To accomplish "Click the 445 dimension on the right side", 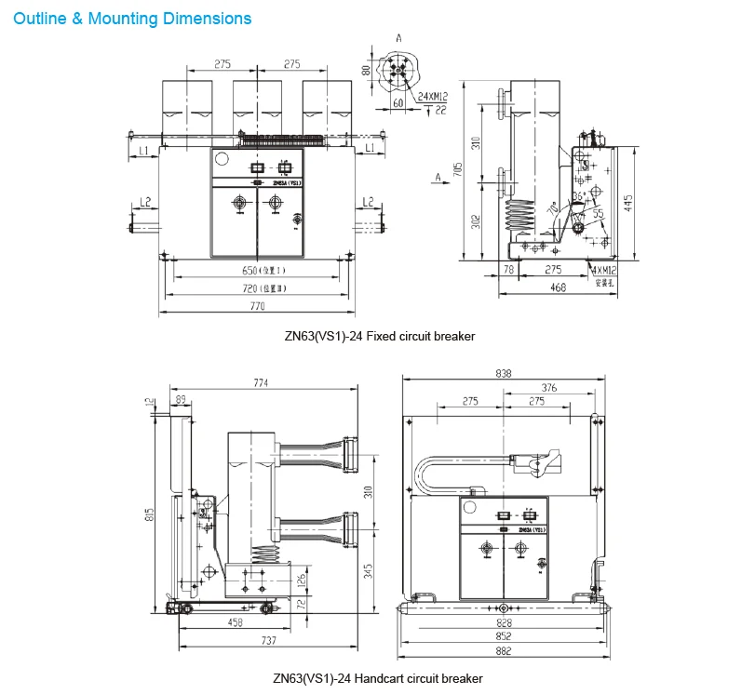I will tap(630, 203).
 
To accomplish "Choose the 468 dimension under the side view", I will tap(557, 287).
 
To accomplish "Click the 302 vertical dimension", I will tap(474, 220).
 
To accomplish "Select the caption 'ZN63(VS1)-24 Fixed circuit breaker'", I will tap(379, 337).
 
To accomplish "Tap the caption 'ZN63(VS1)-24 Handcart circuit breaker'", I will tap(378, 678).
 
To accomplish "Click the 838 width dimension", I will tap(503, 372).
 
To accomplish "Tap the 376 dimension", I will tap(549, 387).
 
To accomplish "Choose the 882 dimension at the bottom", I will tap(503, 654).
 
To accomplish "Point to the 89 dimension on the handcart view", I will tap(179, 398).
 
